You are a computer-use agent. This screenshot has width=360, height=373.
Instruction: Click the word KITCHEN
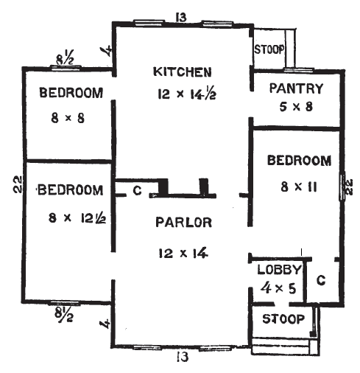point(183,72)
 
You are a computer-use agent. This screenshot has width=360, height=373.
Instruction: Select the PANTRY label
point(296,89)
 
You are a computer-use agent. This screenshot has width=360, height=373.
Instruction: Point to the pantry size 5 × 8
point(296,108)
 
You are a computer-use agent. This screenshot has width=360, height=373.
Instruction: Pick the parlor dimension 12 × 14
point(183,251)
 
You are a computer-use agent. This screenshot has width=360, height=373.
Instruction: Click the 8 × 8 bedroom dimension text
point(68,116)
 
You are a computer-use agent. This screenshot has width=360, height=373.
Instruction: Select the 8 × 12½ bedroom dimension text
point(71,217)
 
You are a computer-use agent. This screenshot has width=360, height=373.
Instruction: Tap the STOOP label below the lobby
point(283,319)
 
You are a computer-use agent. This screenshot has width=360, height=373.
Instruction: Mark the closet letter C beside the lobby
point(320,280)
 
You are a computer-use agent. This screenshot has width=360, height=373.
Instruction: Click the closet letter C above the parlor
point(136,190)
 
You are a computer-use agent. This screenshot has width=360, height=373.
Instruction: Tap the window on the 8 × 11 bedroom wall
point(342,186)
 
